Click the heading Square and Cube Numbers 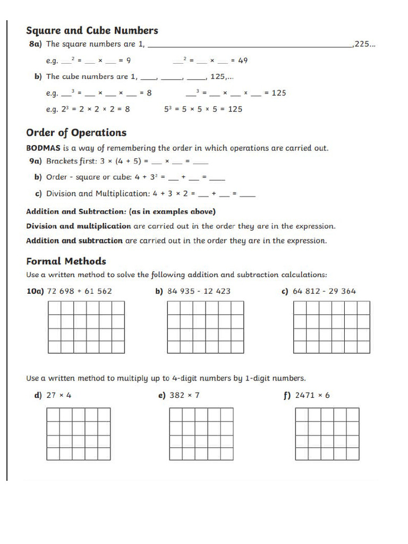tap(92, 31)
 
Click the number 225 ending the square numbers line tap(364, 45)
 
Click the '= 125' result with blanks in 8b tap(275, 93)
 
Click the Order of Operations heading tap(76, 133)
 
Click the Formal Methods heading tap(66, 261)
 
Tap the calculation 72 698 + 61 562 tap(80, 291)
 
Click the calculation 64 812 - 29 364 tap(324, 291)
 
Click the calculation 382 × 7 tap(184, 395)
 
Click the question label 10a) tap(35, 291)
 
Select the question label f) tap(287, 395)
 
